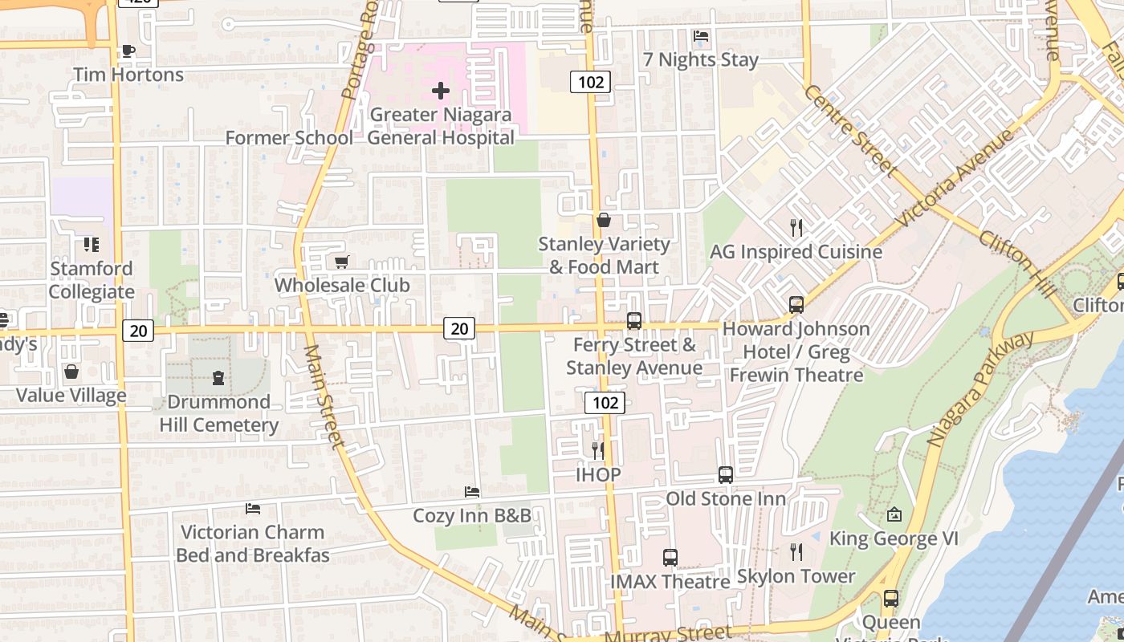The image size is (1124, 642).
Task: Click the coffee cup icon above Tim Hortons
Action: pos(127,51)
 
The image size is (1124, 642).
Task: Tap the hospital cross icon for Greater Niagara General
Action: pos(441,91)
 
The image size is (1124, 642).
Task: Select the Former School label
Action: pos(288,138)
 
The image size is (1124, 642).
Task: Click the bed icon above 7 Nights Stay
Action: pos(700,36)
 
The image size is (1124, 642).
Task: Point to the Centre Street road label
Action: pos(849,130)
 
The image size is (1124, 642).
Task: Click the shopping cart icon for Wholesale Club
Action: pos(341,262)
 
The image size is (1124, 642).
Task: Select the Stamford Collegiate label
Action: pos(92,280)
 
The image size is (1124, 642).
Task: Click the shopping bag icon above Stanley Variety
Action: pos(604,220)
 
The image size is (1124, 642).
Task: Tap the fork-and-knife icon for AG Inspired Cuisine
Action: pos(796,228)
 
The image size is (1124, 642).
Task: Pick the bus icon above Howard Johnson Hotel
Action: pos(796,305)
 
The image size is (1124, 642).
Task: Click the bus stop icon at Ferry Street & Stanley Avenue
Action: pos(633,321)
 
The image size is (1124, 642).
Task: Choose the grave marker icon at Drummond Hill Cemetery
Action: pos(218,377)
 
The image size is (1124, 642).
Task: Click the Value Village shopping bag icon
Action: pos(71,372)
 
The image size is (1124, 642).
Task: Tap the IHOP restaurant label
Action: pos(598,474)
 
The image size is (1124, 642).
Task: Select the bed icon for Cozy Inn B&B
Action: pos(472,491)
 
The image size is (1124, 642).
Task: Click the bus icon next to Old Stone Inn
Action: pos(725,474)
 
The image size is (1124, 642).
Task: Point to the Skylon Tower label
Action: pos(796,576)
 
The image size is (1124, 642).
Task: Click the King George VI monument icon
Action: pos(894,514)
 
